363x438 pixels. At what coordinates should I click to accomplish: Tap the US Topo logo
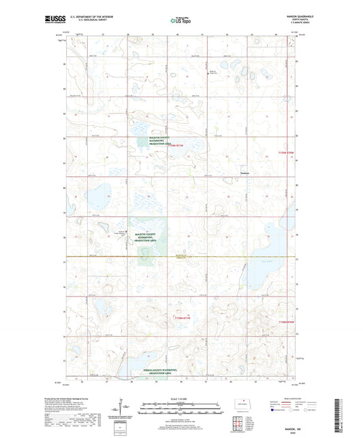point(180,21)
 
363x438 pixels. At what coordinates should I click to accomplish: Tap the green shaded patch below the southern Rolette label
point(145,256)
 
